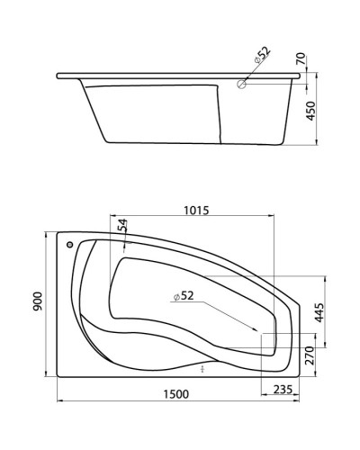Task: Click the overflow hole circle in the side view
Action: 240,85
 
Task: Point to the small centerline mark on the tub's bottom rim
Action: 204,369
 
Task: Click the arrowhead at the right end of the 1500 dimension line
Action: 304,401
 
